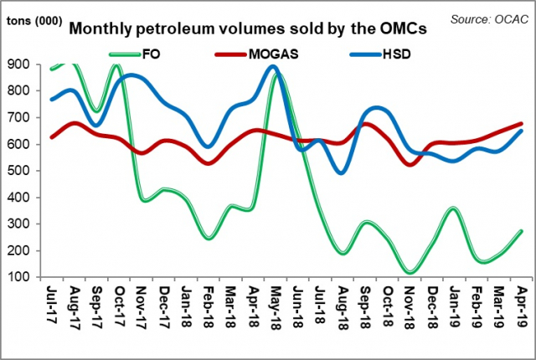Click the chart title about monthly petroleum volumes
point(248,28)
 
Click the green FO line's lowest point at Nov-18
point(410,272)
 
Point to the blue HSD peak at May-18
point(274,67)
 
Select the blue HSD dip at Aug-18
point(342,172)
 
